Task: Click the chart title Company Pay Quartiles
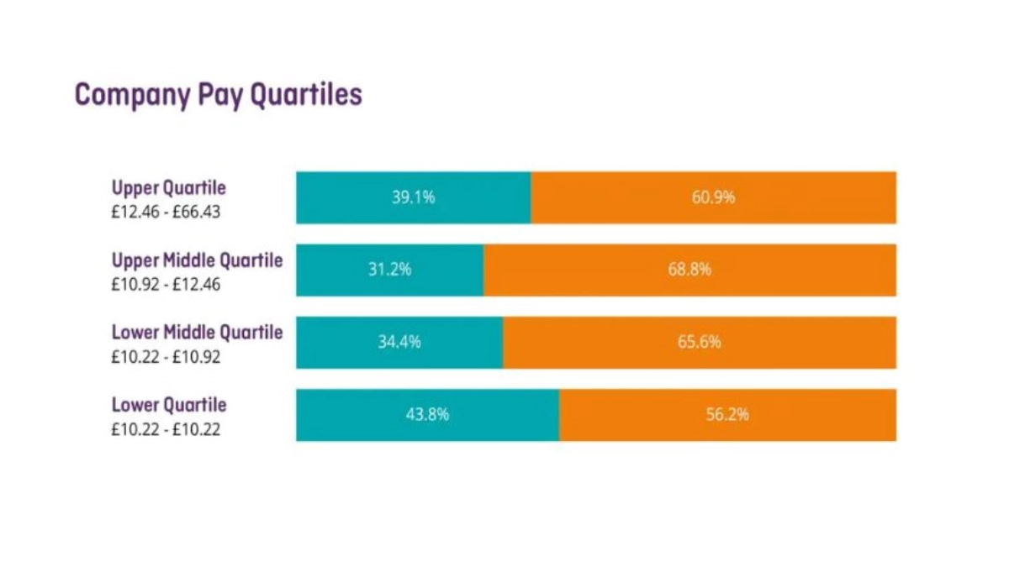coord(219,94)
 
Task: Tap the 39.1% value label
coord(413,198)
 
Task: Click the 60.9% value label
coord(713,198)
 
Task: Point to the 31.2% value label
coord(389,270)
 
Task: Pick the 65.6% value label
coord(700,343)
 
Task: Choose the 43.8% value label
coord(427,415)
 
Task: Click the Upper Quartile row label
coord(169,188)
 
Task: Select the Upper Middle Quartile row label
coord(198,260)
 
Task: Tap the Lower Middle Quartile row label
coord(198,333)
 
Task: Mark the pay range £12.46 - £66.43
coord(166,212)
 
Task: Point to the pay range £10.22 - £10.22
coord(166,429)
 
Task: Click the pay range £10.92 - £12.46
coord(166,284)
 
